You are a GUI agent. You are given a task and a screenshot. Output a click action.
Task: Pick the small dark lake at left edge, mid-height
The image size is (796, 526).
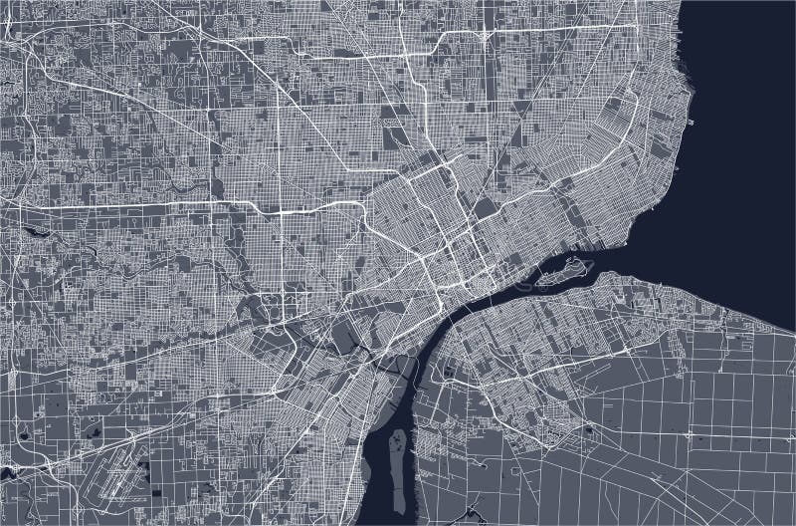(37, 231)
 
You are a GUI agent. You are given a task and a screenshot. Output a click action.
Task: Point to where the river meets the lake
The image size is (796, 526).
(627, 254)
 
